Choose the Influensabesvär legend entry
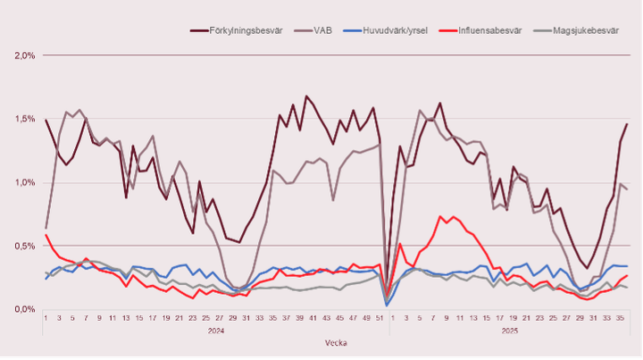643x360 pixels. coord(489,29)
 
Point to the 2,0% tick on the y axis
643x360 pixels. coord(24,55)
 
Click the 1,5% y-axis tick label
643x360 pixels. coord(24,119)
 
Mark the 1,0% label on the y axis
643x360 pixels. coord(24,182)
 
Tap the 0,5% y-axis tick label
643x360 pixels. coord(24,246)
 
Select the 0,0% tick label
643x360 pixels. coord(24,309)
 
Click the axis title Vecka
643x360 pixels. coord(337,342)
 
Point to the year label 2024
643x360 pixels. coord(217,330)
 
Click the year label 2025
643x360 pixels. coord(509,330)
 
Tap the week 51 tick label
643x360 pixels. coord(379,318)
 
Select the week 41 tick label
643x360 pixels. coord(312,318)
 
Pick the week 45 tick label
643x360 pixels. coord(338,318)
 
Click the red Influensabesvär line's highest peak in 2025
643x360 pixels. coord(440,216)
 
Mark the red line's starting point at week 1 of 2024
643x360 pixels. coord(46,235)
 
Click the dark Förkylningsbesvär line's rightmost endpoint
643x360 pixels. coord(627,124)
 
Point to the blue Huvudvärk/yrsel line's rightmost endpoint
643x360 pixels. coord(627,266)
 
